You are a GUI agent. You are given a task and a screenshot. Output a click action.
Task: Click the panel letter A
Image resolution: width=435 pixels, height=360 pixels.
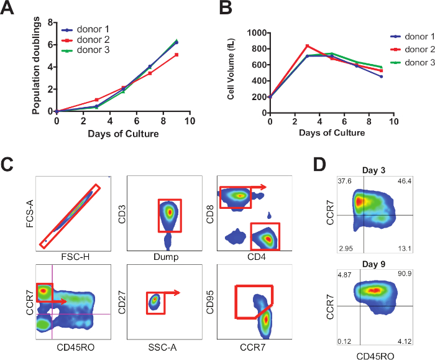coord(11,9)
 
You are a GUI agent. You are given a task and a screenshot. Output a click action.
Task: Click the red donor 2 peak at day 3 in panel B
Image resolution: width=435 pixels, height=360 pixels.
coord(307,45)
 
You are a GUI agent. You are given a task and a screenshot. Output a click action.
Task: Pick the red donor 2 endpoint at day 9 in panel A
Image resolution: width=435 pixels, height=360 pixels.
coord(176,55)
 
